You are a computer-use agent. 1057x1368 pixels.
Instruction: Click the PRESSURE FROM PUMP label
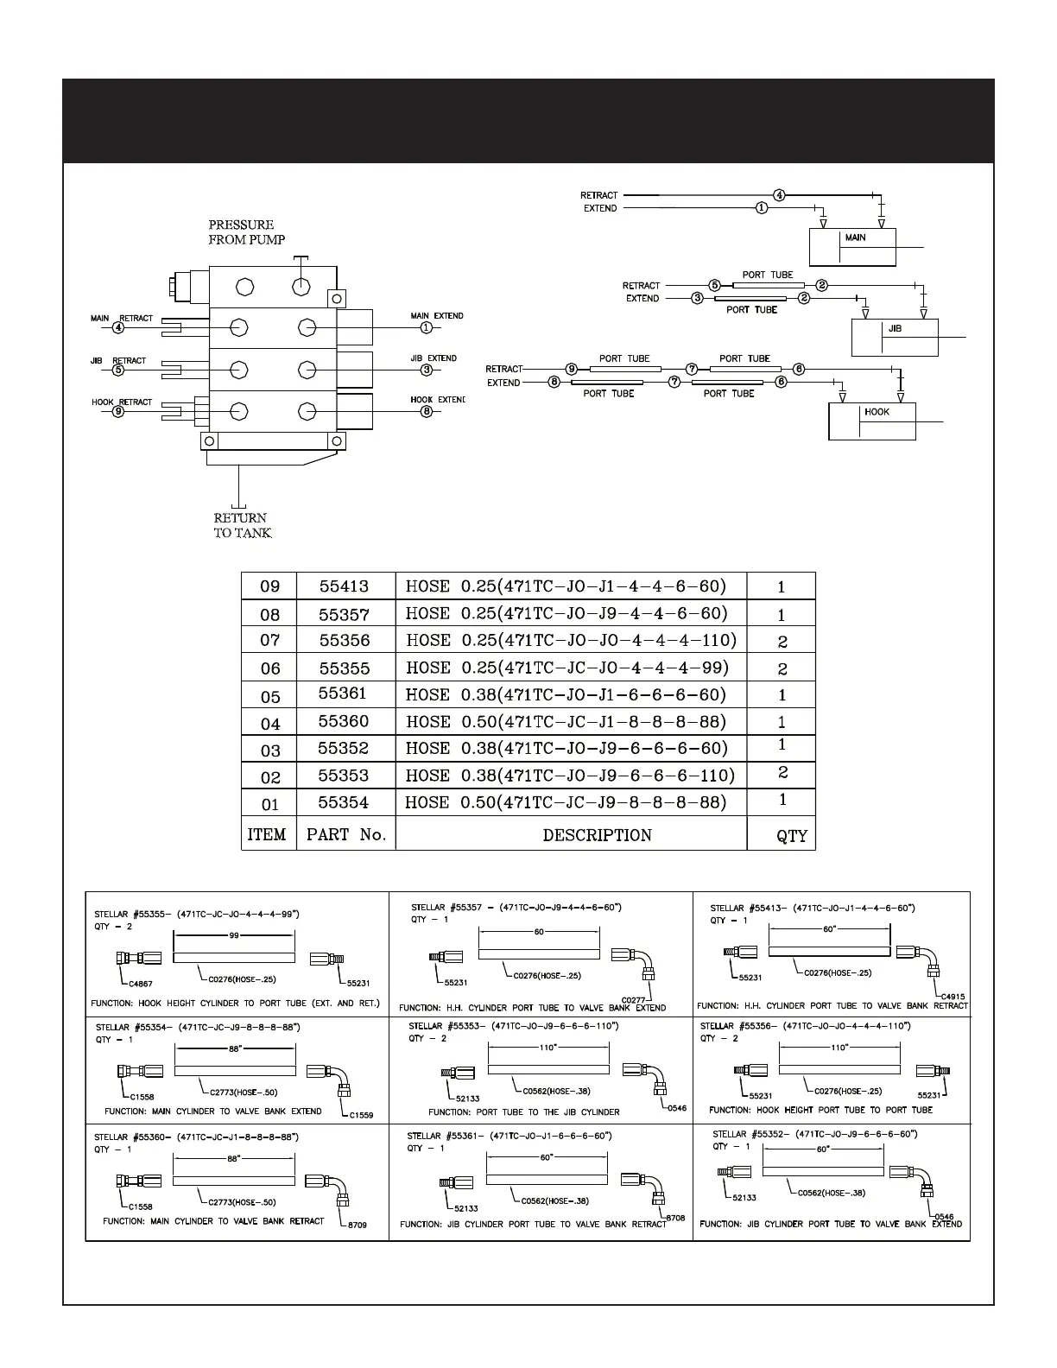click(246, 232)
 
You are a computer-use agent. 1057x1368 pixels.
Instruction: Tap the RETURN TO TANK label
click(243, 525)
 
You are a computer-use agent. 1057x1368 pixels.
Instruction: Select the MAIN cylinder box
click(851, 248)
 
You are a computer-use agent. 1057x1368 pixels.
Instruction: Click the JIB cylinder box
click(895, 338)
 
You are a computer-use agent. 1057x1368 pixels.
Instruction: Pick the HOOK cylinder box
click(871, 421)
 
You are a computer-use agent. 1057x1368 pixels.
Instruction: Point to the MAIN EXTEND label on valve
click(437, 316)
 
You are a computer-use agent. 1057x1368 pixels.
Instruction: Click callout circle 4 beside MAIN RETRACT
click(118, 328)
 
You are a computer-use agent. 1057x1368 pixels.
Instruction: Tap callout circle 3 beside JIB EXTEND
click(426, 370)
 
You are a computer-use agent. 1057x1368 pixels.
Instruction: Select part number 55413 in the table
click(344, 586)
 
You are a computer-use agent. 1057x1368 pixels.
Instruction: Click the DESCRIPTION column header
click(597, 835)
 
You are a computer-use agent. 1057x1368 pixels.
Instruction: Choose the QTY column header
click(791, 836)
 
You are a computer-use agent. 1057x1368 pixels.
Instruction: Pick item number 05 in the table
click(270, 697)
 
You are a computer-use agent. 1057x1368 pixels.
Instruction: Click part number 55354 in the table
click(343, 803)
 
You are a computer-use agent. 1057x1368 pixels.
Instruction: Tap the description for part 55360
click(566, 722)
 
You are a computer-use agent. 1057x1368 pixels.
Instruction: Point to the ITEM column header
click(267, 835)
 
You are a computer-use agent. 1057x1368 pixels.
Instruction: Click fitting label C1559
click(361, 1115)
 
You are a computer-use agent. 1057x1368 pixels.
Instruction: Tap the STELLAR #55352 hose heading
click(813, 1133)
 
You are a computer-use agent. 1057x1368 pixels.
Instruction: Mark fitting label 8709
click(356, 1225)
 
